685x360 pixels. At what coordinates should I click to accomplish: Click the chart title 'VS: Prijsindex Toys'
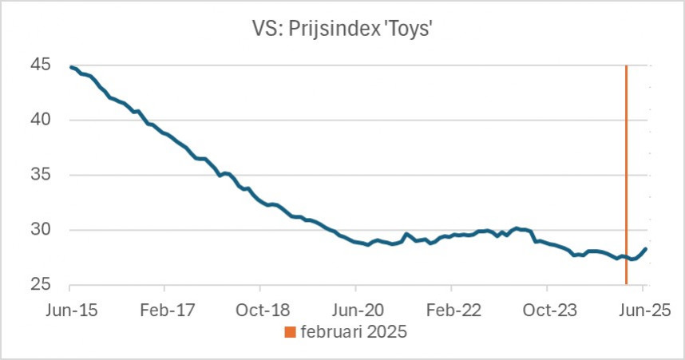click(x=342, y=30)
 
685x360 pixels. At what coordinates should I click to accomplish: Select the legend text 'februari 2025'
click(x=354, y=333)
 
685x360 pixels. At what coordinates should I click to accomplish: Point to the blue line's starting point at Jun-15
click(x=71, y=67)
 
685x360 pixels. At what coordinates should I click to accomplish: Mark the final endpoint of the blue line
click(x=646, y=248)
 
